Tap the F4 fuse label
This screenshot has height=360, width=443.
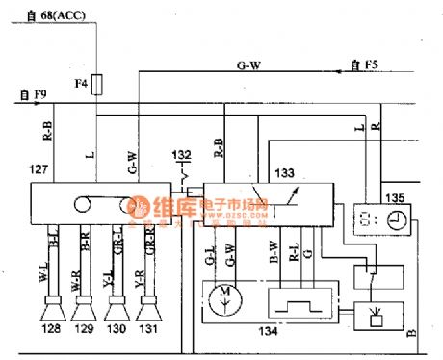coord(81,86)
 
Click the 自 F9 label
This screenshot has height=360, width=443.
coord(32,94)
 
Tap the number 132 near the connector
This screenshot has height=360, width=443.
coord(181,154)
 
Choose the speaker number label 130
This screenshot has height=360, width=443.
coord(117,330)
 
